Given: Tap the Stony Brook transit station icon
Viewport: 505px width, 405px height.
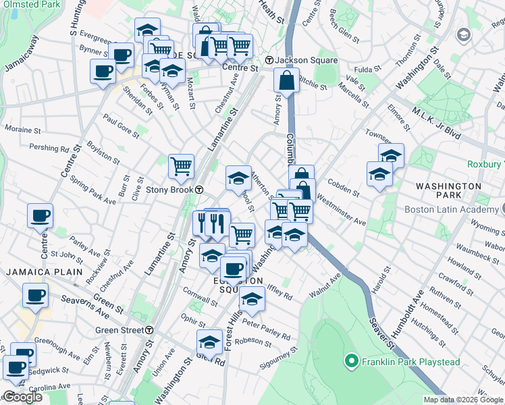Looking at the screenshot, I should tap(200, 190).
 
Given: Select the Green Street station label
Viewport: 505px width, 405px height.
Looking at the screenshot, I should tap(119, 330).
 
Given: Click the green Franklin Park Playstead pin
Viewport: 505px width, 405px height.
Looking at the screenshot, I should tap(350, 362).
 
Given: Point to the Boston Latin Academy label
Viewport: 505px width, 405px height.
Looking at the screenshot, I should tap(452, 209).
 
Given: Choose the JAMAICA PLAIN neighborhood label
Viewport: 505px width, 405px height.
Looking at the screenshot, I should tap(45, 272).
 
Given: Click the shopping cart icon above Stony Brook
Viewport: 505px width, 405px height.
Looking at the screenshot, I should tap(181, 165).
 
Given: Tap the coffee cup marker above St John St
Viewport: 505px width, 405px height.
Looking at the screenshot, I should tap(41, 216).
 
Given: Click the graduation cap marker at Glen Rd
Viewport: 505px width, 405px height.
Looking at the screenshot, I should tap(210, 342).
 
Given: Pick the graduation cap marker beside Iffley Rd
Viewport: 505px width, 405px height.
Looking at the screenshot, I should tap(252, 298).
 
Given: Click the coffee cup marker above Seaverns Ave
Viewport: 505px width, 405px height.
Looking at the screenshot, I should tap(35, 295).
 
